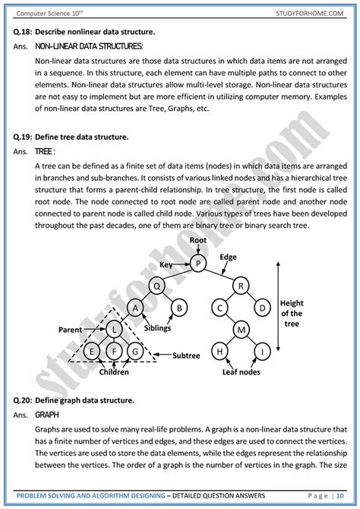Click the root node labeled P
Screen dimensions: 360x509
point(197,264)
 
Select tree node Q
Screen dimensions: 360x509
point(157,286)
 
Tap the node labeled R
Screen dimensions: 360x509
point(240,286)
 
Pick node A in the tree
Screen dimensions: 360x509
point(135,308)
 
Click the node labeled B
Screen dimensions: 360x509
point(179,308)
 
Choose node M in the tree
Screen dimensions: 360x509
point(240,329)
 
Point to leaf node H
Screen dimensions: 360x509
point(219,351)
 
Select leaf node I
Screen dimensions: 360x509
point(262,351)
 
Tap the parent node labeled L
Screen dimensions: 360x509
point(113,329)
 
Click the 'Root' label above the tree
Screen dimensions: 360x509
point(198,240)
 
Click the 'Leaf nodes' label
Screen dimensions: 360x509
point(241,373)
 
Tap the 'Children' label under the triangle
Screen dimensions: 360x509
point(113,373)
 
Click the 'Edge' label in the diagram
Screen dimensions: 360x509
point(228,257)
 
